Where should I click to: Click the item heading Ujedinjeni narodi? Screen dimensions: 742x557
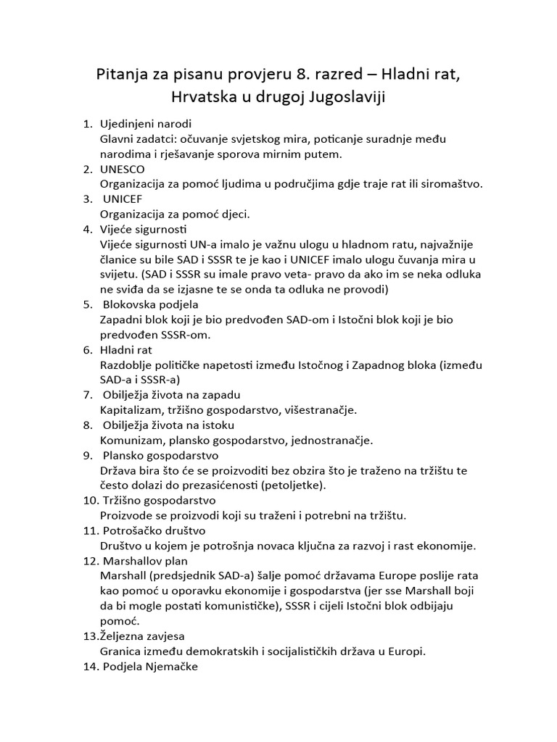click(x=145, y=123)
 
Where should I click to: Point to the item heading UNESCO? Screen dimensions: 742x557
click(x=122, y=169)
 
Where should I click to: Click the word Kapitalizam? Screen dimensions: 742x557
click(x=131, y=410)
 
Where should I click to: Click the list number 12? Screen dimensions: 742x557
click(x=90, y=562)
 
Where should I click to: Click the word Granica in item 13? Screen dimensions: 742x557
click(x=120, y=651)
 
